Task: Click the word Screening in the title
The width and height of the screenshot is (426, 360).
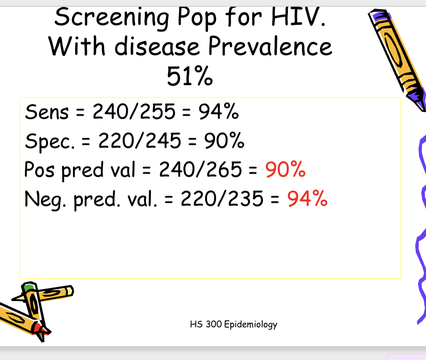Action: pyautogui.click(x=112, y=18)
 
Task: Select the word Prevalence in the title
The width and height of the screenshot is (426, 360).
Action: pyautogui.click(x=270, y=46)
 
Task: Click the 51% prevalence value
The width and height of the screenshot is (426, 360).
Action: pyautogui.click(x=190, y=76)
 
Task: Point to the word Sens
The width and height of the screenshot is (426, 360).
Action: pyautogui.click(x=47, y=112)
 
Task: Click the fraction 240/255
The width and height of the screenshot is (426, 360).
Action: pyautogui.click(x=134, y=112)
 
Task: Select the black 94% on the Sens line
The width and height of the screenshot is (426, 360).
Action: pyautogui.click(x=218, y=112)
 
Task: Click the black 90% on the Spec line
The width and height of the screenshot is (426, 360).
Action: pyautogui.click(x=224, y=141)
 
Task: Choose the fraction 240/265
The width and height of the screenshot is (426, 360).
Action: pyautogui.click(x=200, y=170)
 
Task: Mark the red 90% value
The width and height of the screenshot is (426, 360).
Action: pyautogui.click(x=285, y=170)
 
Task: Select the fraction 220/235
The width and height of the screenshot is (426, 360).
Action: pyautogui.click(x=222, y=199)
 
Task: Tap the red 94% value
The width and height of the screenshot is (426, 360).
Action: pyautogui.click(x=307, y=199)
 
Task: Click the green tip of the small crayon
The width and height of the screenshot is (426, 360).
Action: pyautogui.click(x=27, y=287)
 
